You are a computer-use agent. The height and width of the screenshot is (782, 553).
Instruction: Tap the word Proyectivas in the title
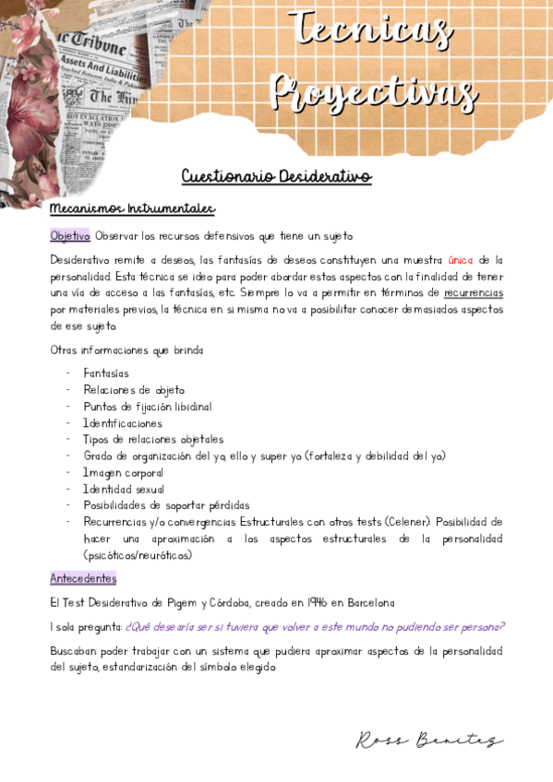(x=375, y=92)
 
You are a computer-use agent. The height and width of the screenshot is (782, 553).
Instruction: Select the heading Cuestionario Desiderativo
(x=276, y=176)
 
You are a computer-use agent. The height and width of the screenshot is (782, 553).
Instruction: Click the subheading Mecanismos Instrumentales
(x=132, y=209)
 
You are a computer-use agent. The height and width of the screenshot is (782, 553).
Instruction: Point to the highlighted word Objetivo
(x=70, y=236)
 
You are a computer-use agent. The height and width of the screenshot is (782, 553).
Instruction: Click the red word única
(x=460, y=260)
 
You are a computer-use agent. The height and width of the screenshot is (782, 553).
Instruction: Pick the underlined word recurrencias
(x=474, y=293)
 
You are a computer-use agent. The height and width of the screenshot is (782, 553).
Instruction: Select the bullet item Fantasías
(x=106, y=373)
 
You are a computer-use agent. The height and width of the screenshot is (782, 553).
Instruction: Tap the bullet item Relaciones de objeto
(x=134, y=390)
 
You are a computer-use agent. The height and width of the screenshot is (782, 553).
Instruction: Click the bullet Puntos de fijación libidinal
(x=148, y=407)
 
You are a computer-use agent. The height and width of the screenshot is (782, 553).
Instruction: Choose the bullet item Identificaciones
(x=123, y=423)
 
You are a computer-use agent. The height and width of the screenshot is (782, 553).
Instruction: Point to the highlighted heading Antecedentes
(x=83, y=579)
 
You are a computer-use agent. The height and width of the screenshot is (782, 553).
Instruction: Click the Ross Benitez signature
(x=429, y=741)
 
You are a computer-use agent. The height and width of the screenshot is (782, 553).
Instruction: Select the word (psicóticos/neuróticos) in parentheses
(x=138, y=555)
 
